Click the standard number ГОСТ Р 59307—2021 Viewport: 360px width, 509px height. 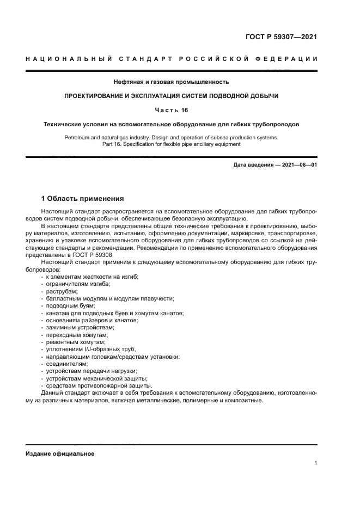(281, 37)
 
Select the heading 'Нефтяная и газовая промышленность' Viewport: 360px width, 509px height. (171, 82)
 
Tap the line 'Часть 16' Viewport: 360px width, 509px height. (171, 110)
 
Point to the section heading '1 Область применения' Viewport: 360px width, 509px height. (82, 199)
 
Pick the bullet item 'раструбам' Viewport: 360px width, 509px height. (62, 291)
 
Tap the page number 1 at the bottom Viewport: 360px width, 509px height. (316, 463)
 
